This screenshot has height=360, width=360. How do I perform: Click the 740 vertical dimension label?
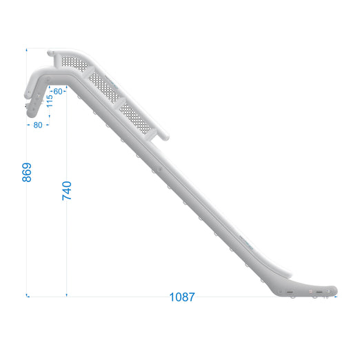click(67, 190)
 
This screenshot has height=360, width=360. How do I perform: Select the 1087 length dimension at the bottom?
click(182, 297)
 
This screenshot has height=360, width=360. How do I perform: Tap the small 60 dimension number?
click(58, 90)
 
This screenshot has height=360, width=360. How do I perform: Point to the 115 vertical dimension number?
click(50, 101)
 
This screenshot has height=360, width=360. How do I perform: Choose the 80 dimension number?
click(37, 125)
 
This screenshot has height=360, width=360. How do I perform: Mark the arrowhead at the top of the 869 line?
click(28, 50)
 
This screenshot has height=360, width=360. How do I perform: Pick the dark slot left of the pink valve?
click(290, 292)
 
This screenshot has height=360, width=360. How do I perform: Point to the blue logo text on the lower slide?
click(245, 241)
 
